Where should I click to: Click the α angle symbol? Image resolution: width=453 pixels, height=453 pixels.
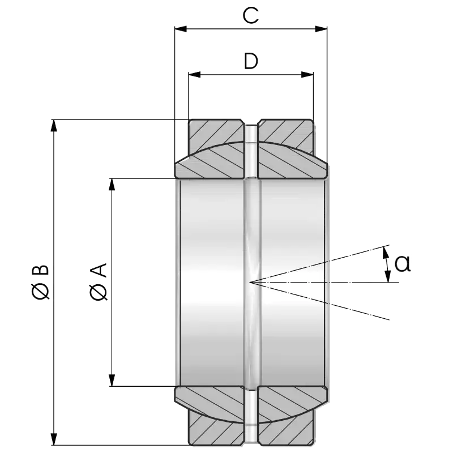click(401, 263)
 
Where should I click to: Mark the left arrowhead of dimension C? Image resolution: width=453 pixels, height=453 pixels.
click(181, 28)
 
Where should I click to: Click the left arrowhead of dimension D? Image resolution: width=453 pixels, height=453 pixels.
click(195, 74)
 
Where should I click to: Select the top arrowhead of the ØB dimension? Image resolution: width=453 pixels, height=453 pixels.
click(54, 127)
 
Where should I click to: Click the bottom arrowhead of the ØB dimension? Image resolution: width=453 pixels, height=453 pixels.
click(54, 439)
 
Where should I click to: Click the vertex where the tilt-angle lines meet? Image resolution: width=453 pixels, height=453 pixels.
click(250, 281)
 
